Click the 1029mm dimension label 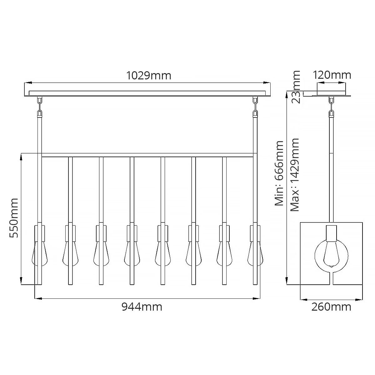coord(149,76)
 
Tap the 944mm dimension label coord(142,307)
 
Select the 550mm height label coord(14,218)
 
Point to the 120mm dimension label coord(332,75)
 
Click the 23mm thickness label coord(295,87)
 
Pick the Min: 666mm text coord(279,173)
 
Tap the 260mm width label coord(331,307)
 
